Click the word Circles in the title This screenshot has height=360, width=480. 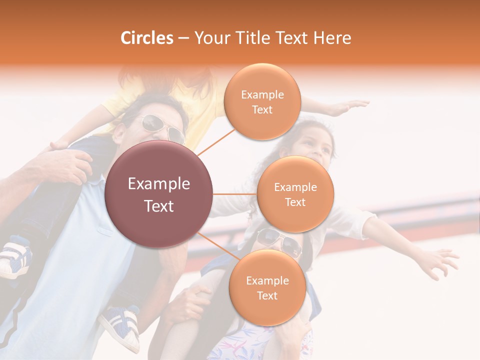pos(146,38)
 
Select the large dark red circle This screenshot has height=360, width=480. pos(158,194)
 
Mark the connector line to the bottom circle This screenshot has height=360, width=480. pos(217,246)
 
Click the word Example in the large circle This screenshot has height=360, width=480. pos(158,184)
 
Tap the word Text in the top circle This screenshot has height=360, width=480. pos(262,110)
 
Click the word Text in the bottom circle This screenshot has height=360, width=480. pos(267,296)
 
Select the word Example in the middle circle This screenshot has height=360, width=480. pos(295,187)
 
